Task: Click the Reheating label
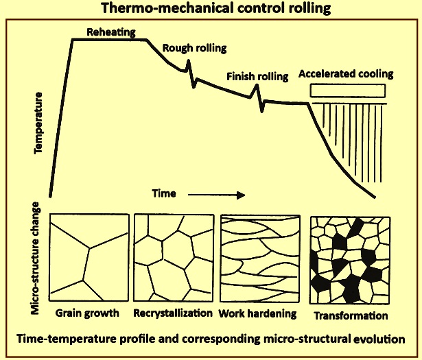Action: (111, 32)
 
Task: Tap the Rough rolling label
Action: (194, 48)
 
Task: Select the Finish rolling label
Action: (257, 76)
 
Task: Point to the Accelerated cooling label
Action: (346, 73)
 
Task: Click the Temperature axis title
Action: (38, 123)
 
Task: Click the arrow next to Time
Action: (216, 195)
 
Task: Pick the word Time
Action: (164, 193)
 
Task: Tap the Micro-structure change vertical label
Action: (35, 258)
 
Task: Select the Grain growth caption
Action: (87, 313)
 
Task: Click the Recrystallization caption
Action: (173, 313)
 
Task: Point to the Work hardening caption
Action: (257, 313)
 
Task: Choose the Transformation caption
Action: (351, 315)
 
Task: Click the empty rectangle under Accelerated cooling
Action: (348, 84)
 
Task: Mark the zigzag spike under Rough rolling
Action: (190, 73)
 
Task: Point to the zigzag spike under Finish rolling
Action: (259, 98)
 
